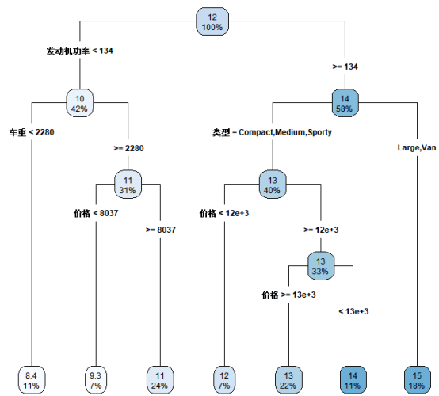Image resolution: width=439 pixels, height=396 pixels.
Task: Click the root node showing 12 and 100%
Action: pos(212,21)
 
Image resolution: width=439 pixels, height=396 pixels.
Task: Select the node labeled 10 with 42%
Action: pos(80,103)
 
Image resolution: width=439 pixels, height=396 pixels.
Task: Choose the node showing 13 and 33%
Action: pos(320,265)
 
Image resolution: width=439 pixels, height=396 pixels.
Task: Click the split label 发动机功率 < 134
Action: pos(79,51)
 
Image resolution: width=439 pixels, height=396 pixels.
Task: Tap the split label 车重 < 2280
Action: pos(32,132)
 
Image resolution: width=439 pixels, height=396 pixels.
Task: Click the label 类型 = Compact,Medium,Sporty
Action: pos(272,132)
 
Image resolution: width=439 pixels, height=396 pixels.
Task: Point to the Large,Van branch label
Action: pos(416,147)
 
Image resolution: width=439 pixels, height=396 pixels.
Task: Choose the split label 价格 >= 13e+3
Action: pos(288,295)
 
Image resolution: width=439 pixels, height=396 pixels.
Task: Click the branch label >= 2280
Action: pos(128,147)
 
